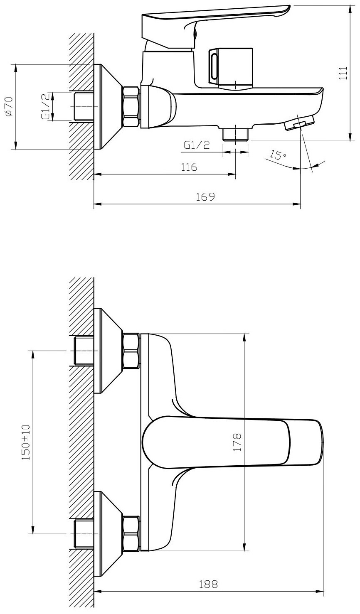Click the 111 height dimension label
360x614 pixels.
[x=343, y=73]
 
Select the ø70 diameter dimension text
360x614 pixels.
[x=9, y=106]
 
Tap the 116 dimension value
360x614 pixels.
[x=189, y=167]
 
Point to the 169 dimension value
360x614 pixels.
[x=205, y=197]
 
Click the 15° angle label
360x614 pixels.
[x=277, y=155]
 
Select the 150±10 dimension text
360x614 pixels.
[x=26, y=442]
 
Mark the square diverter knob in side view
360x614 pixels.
[x=230, y=68]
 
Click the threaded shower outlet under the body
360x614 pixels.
[x=235, y=134]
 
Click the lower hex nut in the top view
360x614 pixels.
[x=131, y=525]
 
